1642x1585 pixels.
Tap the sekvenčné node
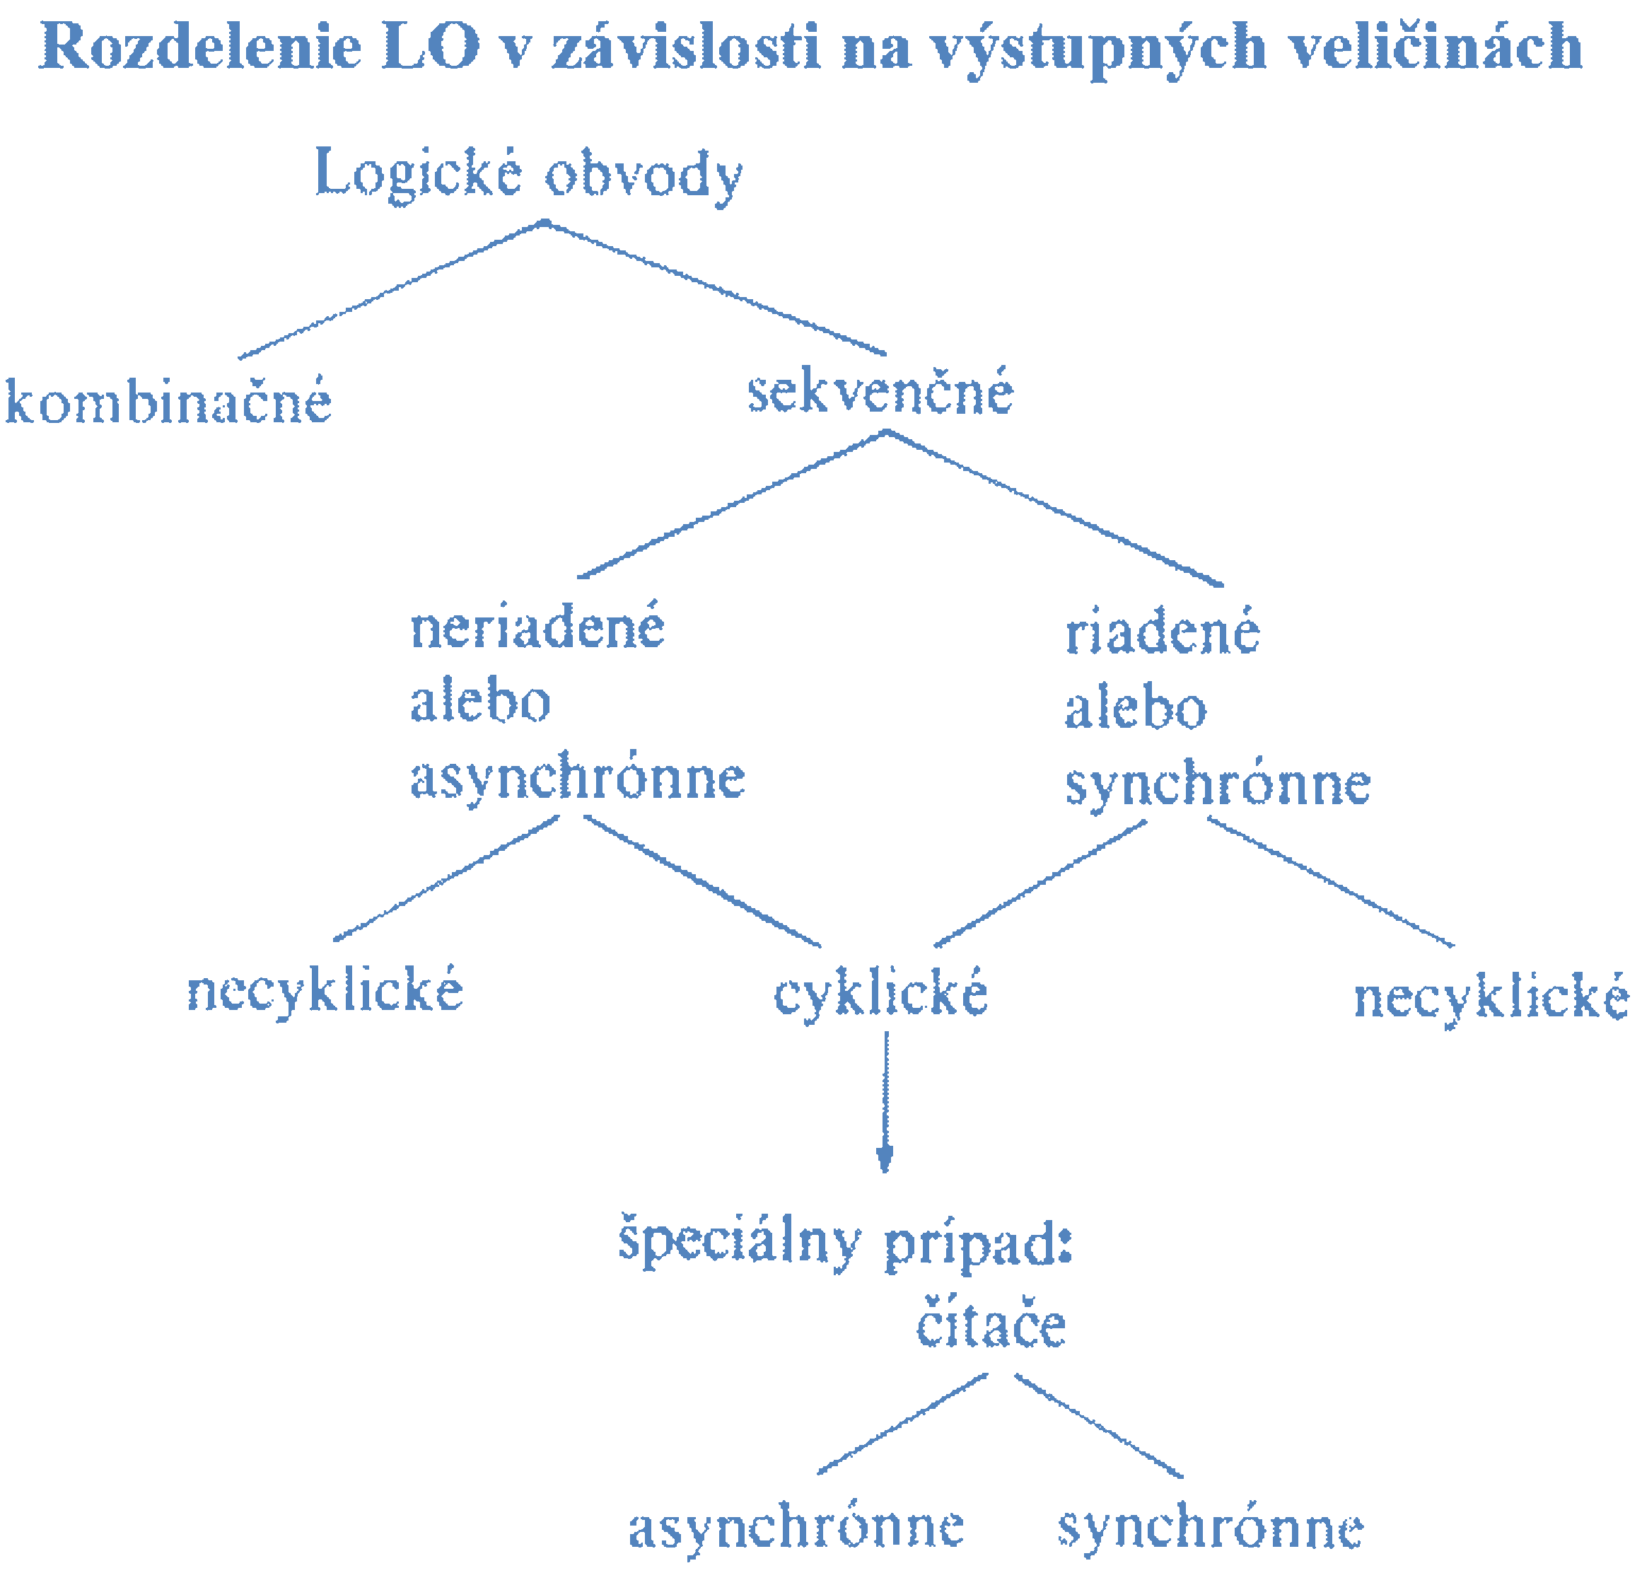pyautogui.click(x=880, y=392)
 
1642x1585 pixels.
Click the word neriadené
pyautogui.click(x=537, y=627)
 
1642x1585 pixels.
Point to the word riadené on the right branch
pyautogui.click(x=1162, y=632)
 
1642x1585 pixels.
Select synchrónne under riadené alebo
pyautogui.click(x=1217, y=785)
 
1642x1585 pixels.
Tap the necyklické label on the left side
pyautogui.click(x=324, y=992)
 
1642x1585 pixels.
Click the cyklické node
pyautogui.click(x=880, y=994)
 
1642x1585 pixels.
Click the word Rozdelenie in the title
pyautogui.click(x=200, y=46)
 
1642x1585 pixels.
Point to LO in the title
pyautogui.click(x=431, y=46)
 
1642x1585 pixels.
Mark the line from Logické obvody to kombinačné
pyautogui.click(x=390, y=290)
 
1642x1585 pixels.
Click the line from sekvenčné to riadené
pyautogui.click(x=1054, y=508)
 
